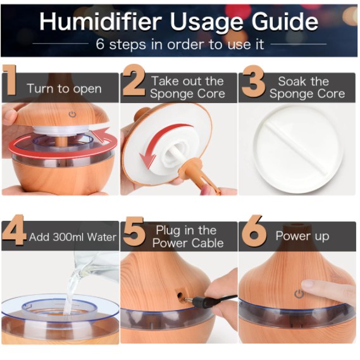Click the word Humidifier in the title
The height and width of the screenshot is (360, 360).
pyautogui.click(x=101, y=22)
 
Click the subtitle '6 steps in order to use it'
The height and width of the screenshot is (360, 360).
pyautogui.click(x=180, y=44)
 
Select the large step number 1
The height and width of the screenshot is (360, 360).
pyautogui.click(x=9, y=80)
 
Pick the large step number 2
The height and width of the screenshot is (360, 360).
pyautogui.click(x=134, y=80)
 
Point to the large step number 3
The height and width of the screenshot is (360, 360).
pyautogui.click(x=253, y=81)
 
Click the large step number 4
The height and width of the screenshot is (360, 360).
pyautogui.click(x=14, y=230)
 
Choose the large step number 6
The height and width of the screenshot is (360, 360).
pyautogui.click(x=254, y=230)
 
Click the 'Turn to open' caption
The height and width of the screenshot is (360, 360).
pyautogui.click(x=64, y=89)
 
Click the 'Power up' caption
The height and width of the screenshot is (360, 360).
pyautogui.click(x=302, y=236)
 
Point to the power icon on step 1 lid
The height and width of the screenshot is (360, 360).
pyautogui.click(x=73, y=114)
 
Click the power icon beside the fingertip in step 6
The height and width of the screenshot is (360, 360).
pyautogui.click(x=299, y=294)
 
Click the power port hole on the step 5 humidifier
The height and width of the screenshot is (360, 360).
pyautogui.click(x=180, y=295)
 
